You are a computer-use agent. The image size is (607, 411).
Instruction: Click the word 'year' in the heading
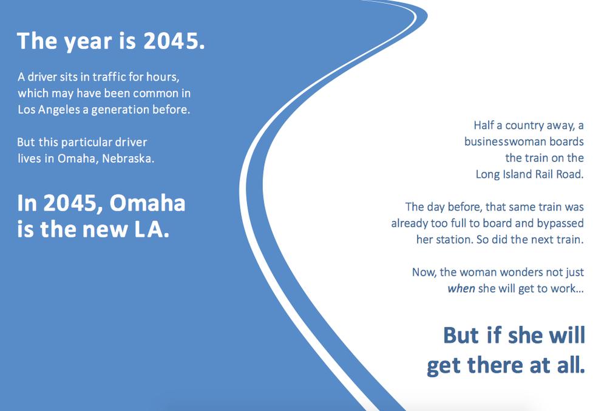tap(87, 42)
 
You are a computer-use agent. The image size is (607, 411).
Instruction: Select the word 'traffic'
tap(109, 76)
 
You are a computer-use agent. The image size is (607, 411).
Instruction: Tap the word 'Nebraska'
tap(127, 158)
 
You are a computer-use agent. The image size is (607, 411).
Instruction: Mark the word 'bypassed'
tap(560, 223)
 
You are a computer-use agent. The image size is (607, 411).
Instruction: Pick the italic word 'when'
tap(461, 289)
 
